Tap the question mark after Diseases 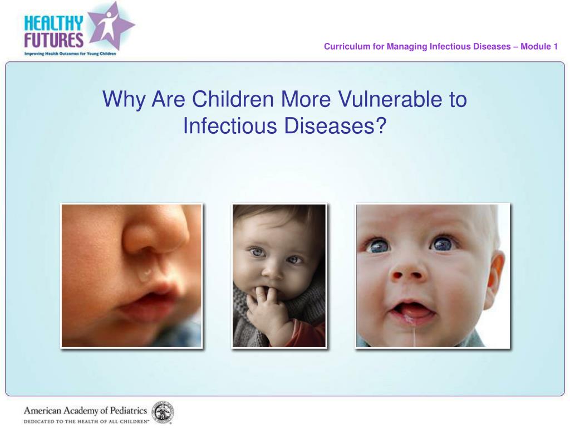(x=380, y=126)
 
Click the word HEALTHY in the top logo (x=53, y=23)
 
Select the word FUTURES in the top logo (x=53, y=40)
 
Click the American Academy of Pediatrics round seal (x=163, y=412)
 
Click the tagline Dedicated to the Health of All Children (x=86, y=422)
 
